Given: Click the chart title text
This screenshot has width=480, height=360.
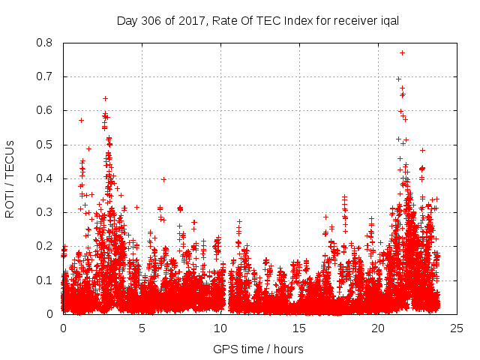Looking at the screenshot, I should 257,20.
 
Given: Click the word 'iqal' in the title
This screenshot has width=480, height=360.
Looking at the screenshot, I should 388,20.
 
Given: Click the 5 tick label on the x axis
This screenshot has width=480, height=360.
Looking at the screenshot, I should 142,328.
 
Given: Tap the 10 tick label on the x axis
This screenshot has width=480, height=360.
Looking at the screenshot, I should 220,328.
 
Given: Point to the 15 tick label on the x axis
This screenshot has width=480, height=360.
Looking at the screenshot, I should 299,328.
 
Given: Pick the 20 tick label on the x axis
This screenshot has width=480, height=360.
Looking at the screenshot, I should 378,328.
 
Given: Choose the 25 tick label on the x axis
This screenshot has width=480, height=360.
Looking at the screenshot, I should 457,328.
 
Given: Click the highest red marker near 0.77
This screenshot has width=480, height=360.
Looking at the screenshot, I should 402,52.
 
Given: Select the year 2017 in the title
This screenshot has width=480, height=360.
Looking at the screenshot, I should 187,20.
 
